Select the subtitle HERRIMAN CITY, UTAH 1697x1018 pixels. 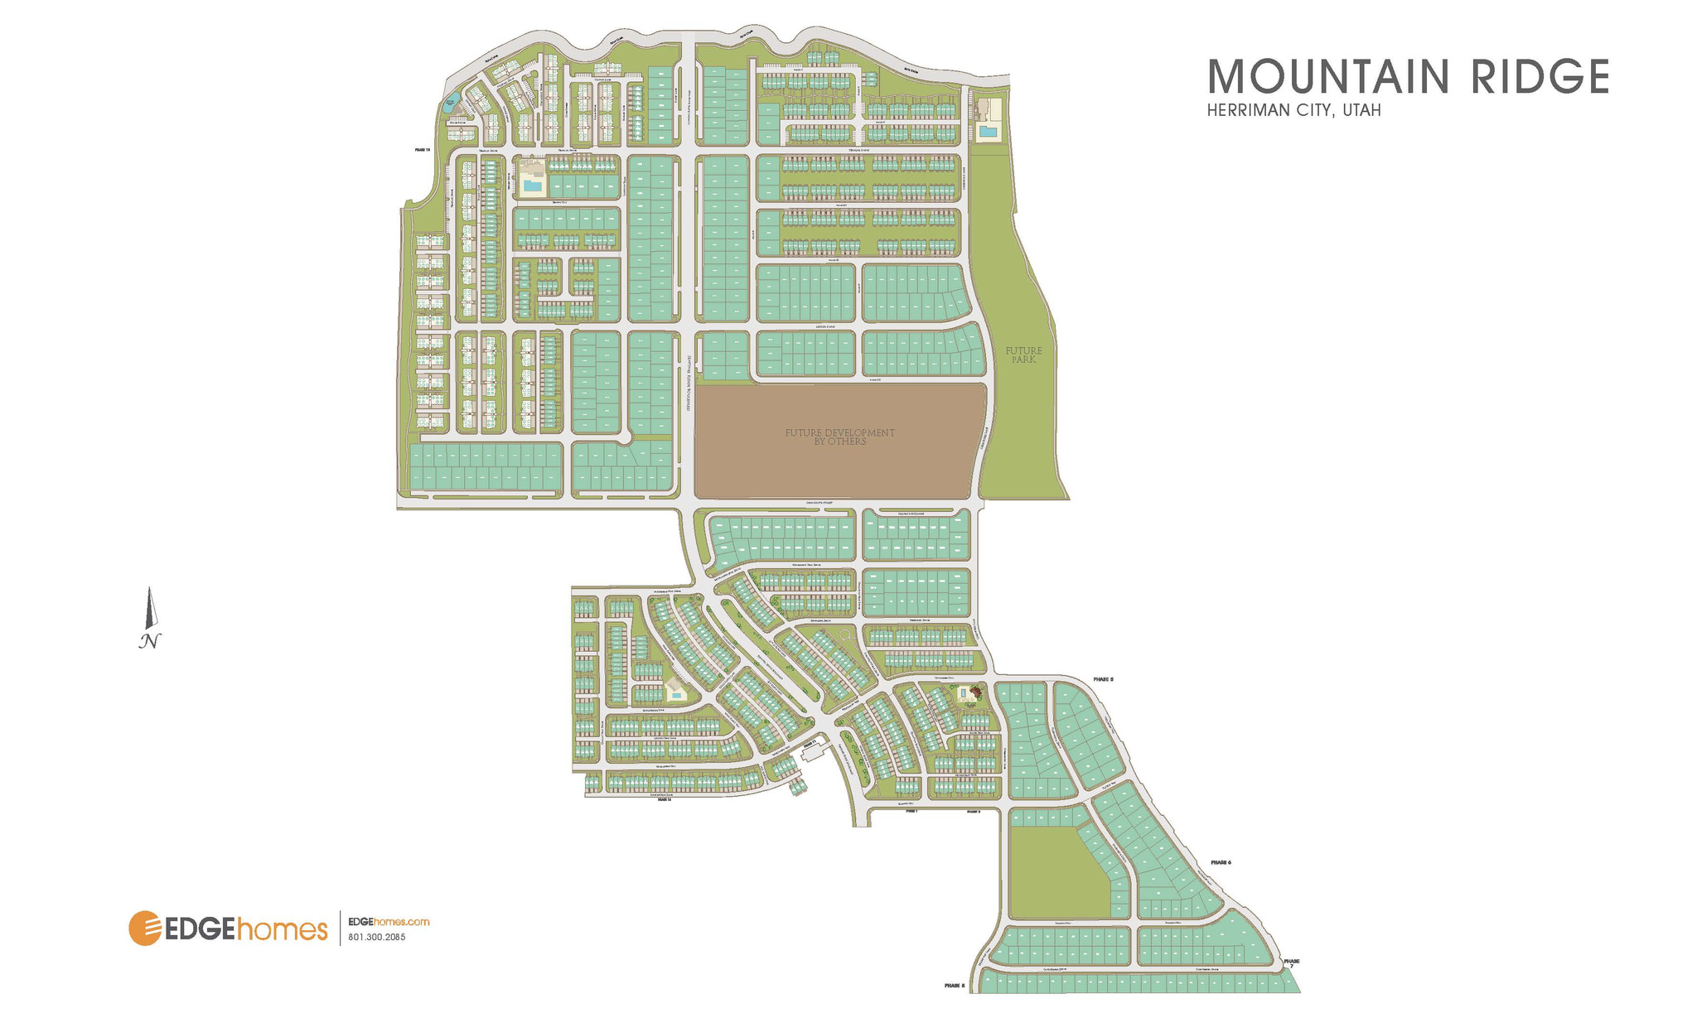point(1293,111)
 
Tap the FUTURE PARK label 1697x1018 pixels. point(1023,355)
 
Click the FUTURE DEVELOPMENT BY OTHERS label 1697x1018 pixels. point(839,437)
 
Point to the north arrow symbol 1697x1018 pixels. point(150,608)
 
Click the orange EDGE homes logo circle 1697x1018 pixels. point(144,928)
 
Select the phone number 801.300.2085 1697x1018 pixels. point(377,938)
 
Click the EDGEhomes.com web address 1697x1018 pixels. point(389,922)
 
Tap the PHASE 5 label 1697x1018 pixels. point(1103,679)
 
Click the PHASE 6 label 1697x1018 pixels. point(1221,863)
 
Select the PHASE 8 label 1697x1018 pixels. point(955,986)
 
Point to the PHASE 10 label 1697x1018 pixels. point(423,150)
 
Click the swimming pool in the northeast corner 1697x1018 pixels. point(987,131)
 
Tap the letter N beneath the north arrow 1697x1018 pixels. point(149,641)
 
